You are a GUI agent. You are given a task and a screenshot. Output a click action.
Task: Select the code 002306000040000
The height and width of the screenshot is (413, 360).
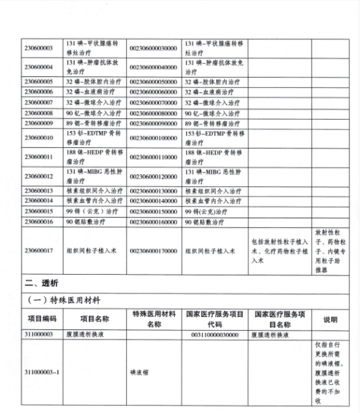tap(153, 67)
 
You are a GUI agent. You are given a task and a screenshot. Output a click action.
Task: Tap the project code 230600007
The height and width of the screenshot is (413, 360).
tap(39, 103)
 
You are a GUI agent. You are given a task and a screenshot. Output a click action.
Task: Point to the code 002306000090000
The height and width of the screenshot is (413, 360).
tap(153, 123)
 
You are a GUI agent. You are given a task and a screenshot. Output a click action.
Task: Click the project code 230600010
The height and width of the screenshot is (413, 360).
tap(39, 138)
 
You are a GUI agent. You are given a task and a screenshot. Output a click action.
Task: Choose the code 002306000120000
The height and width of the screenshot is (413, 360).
tap(153, 177)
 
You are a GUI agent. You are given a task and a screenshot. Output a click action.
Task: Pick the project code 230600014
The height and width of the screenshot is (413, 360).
tap(39, 201)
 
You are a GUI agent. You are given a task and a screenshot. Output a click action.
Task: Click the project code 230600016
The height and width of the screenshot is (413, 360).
tap(39, 222)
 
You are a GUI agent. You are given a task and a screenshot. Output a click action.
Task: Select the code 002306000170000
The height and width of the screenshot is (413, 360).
tap(153, 251)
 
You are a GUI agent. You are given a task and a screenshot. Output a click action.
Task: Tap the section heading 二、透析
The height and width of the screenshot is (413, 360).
tap(41, 284)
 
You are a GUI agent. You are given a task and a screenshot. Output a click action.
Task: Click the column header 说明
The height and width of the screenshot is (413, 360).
tap(330, 319)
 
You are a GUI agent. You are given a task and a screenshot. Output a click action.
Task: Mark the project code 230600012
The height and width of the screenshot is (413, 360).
tap(39, 177)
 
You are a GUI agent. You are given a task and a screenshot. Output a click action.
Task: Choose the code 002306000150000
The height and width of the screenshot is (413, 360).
tap(153, 211)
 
